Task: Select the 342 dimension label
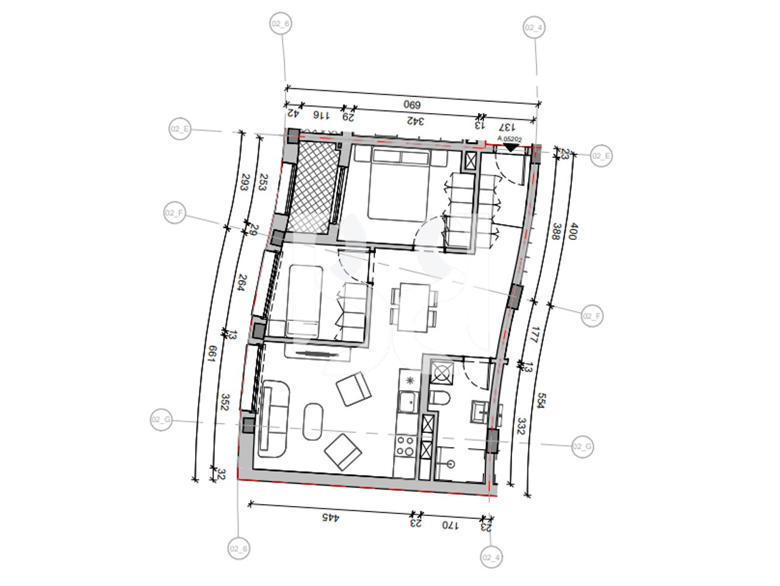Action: [x=414, y=121]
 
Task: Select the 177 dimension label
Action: [x=534, y=335]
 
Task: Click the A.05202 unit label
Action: [x=510, y=139]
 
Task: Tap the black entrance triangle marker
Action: [x=510, y=147]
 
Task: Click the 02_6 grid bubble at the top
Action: [x=280, y=24]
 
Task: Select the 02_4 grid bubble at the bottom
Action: [x=492, y=557]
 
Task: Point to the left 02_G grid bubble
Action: [x=162, y=420]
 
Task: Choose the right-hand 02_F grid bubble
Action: [x=591, y=316]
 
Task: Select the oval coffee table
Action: [x=314, y=421]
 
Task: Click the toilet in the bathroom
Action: [x=439, y=399]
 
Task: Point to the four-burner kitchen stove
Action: [x=405, y=446]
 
